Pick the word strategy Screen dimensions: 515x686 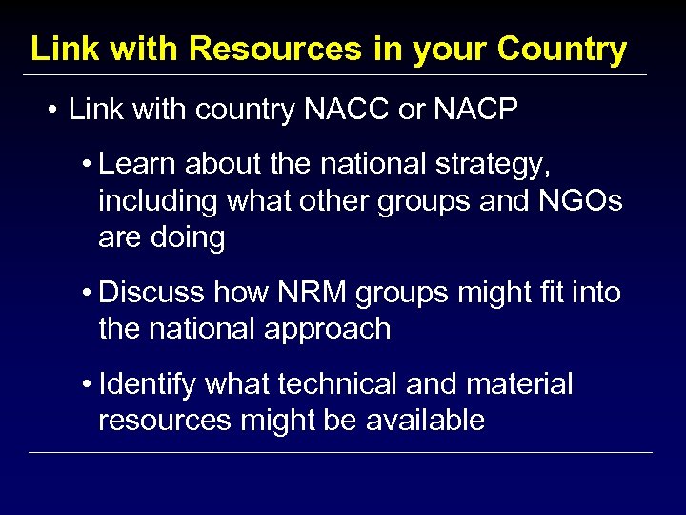pos(494,166)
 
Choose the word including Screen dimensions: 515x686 pos(159,201)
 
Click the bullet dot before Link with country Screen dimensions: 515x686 pos(51,111)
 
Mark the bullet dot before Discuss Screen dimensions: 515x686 pos(87,294)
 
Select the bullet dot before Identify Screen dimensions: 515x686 pos(87,385)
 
